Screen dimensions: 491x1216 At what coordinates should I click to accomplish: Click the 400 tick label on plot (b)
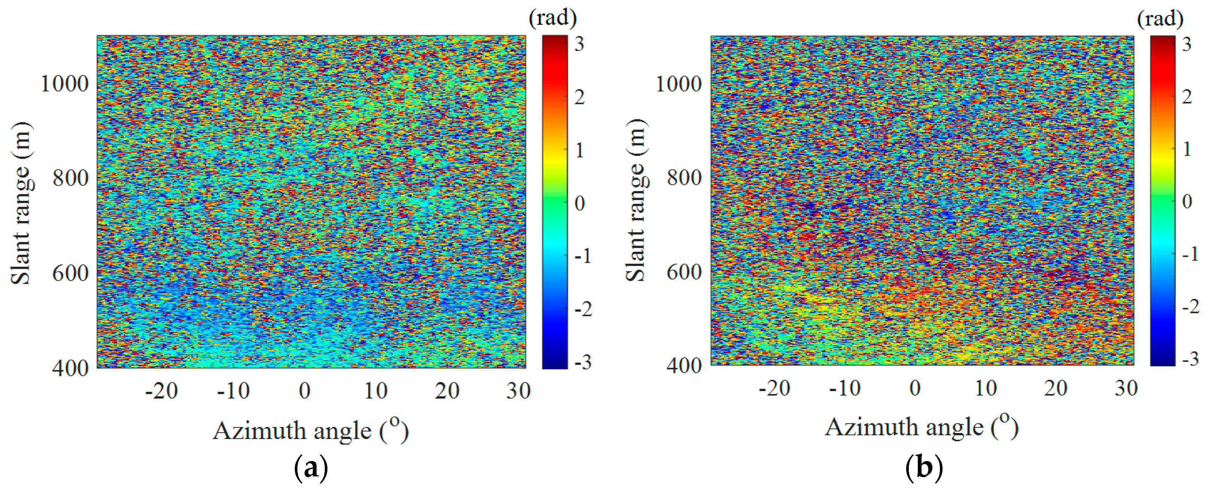(684, 366)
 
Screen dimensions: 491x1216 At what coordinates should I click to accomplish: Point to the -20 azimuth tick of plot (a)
(161, 391)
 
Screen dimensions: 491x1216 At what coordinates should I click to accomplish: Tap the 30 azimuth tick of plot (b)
(1126, 388)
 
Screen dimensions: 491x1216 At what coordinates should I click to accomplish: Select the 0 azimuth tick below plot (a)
(305, 391)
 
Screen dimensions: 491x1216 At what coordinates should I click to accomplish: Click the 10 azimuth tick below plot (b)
(986, 388)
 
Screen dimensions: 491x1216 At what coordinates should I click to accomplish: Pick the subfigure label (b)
(924, 467)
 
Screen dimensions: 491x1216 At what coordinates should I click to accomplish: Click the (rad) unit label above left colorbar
(552, 18)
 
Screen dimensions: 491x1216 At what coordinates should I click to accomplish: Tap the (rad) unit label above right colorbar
(1160, 19)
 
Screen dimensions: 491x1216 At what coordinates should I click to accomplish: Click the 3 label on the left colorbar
(579, 44)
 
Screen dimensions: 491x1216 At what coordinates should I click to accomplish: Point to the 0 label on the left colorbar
(580, 204)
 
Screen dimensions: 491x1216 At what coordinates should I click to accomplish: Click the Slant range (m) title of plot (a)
(21, 203)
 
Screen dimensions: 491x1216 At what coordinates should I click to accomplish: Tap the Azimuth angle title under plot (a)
(310, 430)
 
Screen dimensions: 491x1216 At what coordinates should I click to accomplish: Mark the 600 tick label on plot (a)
(70, 273)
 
